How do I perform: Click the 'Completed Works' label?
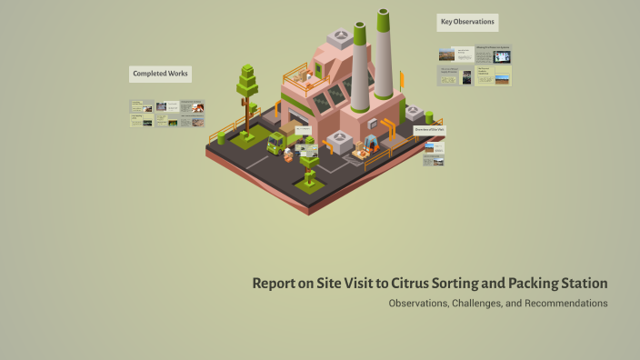[161, 74]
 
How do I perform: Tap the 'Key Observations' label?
[467, 23]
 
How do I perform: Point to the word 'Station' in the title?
[578, 283]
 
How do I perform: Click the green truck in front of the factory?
[276, 143]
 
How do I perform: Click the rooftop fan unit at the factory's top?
[342, 37]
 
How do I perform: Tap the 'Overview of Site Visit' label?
[429, 130]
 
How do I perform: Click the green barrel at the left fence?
[221, 138]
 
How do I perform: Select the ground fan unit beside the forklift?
[338, 138]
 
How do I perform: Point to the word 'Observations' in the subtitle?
[417, 303]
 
